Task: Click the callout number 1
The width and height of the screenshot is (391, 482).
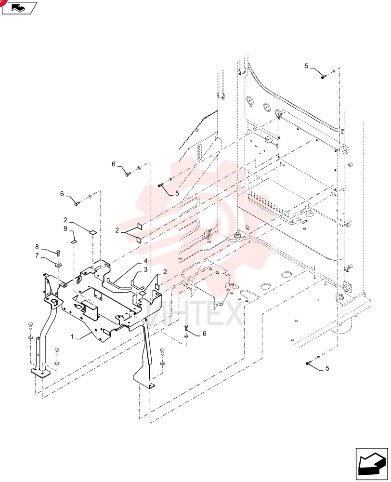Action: (x=73, y=336)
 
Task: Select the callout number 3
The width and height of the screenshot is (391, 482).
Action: (x=145, y=269)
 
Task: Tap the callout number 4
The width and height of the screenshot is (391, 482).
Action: (x=145, y=261)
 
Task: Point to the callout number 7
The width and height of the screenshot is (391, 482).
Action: (x=37, y=255)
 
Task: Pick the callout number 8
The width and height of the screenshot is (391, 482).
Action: (x=37, y=247)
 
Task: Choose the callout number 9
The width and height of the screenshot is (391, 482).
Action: (x=65, y=228)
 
